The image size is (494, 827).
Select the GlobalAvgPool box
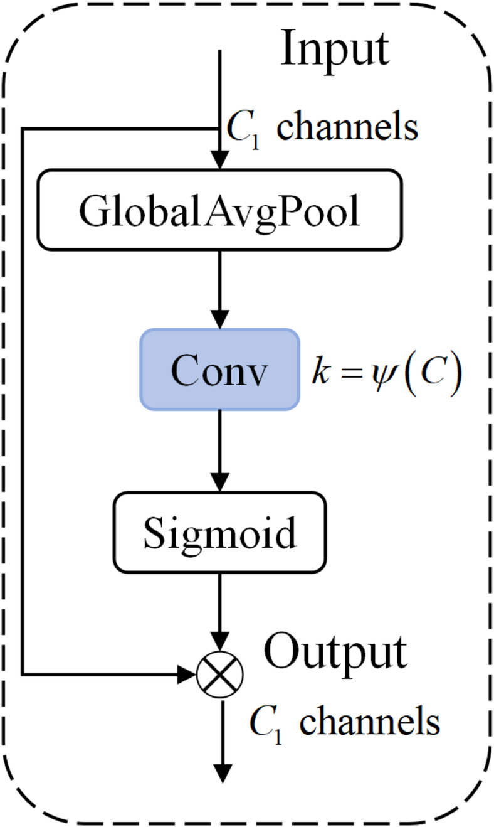[219, 210]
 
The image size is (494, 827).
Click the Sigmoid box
[219, 532]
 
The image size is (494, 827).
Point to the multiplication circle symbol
[219, 675]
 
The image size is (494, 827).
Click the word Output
[335, 653]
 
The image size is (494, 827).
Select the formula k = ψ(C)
[388, 373]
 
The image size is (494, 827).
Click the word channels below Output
[369, 722]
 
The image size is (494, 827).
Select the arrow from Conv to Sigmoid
[219, 448]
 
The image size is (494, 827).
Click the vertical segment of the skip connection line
[23, 402]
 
